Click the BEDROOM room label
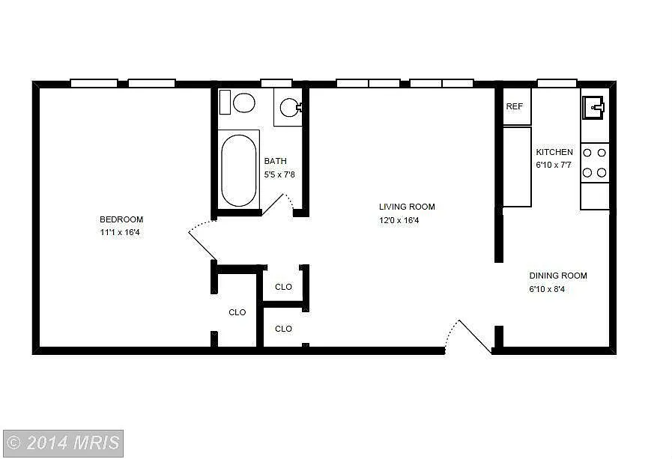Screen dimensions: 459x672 [121, 219]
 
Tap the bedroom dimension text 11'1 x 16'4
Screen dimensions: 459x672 [121, 233]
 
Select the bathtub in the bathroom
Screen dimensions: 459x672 [239, 170]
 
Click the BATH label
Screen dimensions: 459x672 [275, 161]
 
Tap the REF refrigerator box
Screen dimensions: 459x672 [515, 106]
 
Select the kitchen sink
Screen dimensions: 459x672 [595, 107]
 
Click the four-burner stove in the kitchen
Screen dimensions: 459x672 [595, 162]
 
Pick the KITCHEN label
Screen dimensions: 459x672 [554, 152]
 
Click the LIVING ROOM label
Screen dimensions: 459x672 [407, 207]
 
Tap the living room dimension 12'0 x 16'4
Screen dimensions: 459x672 [399, 220]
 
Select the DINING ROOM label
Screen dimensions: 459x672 [558, 276]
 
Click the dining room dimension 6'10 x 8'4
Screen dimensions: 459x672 [547, 289]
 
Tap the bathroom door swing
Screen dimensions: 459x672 [278, 203]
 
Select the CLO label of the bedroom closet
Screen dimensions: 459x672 [237, 312]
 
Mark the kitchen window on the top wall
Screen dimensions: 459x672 [557, 83]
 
